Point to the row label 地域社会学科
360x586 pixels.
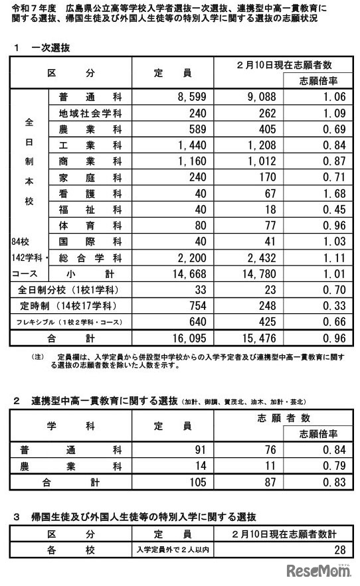(x=90, y=113)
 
